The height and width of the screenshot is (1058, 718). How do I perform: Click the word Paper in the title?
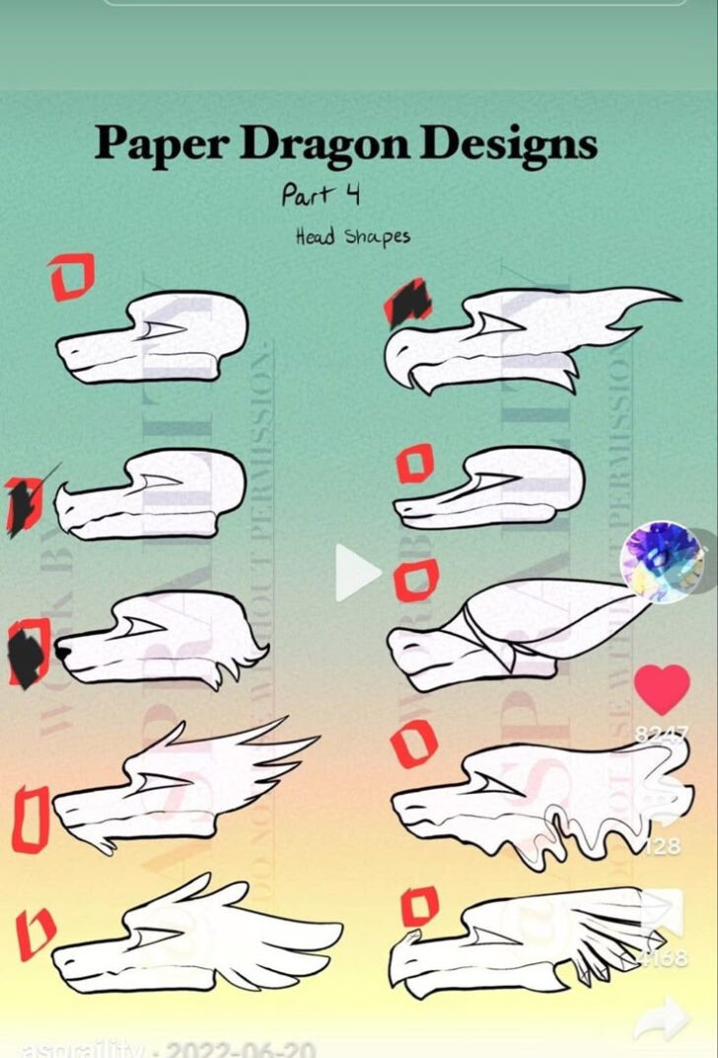pos(162,145)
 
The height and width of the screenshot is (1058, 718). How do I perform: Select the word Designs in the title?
pos(511,144)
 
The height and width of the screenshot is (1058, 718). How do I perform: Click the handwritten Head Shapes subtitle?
pos(352,237)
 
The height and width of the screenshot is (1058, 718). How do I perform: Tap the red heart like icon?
pos(662,688)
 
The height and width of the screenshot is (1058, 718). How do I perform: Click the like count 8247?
pos(662,733)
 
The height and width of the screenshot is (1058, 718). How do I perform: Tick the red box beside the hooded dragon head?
pos(415,582)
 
